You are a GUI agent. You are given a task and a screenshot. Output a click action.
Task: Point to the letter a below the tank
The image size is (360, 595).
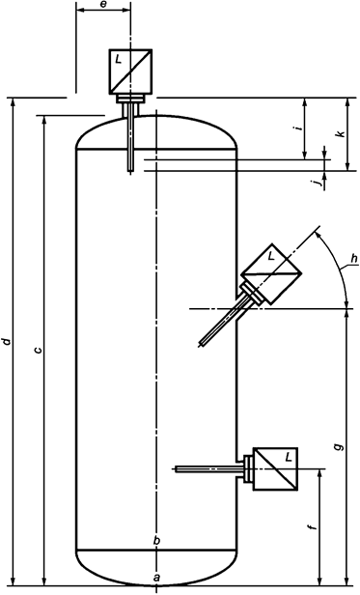point(156,577)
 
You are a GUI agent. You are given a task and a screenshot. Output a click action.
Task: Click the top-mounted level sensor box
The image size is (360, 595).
point(129,70)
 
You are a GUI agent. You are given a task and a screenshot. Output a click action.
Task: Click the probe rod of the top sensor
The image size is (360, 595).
point(129,140)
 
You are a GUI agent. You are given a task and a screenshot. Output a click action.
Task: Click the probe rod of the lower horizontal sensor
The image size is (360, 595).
point(208,469)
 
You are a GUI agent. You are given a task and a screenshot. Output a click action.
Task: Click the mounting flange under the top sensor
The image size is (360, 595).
point(129,98)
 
